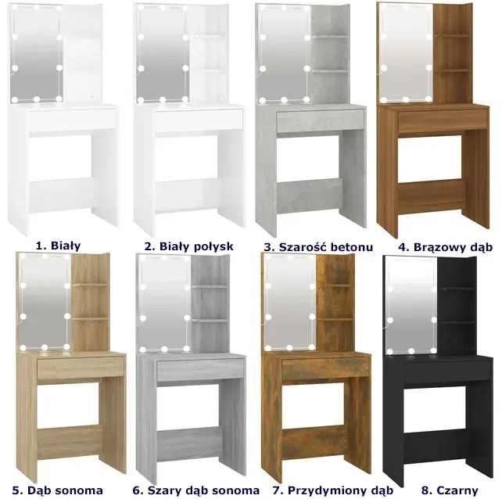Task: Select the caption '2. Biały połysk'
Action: click(x=188, y=246)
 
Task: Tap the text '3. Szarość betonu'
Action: click(x=318, y=247)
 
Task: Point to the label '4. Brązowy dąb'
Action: click(x=446, y=247)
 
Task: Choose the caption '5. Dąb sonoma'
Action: click(x=58, y=490)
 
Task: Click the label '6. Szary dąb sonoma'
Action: click(x=196, y=490)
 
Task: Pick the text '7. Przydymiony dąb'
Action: click(x=333, y=490)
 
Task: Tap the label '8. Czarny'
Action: click(x=450, y=490)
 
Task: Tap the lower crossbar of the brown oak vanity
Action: click(x=432, y=194)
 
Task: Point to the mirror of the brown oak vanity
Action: click(x=406, y=53)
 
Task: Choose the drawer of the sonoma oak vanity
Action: click(x=81, y=368)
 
